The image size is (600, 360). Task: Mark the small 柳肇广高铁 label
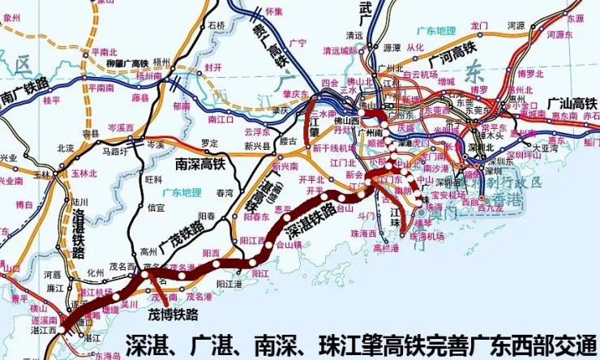pos(128,62)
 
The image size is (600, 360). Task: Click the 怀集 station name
pos(273,11)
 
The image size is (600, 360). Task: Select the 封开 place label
pos(213,67)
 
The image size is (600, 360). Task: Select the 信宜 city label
pos(156,207)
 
